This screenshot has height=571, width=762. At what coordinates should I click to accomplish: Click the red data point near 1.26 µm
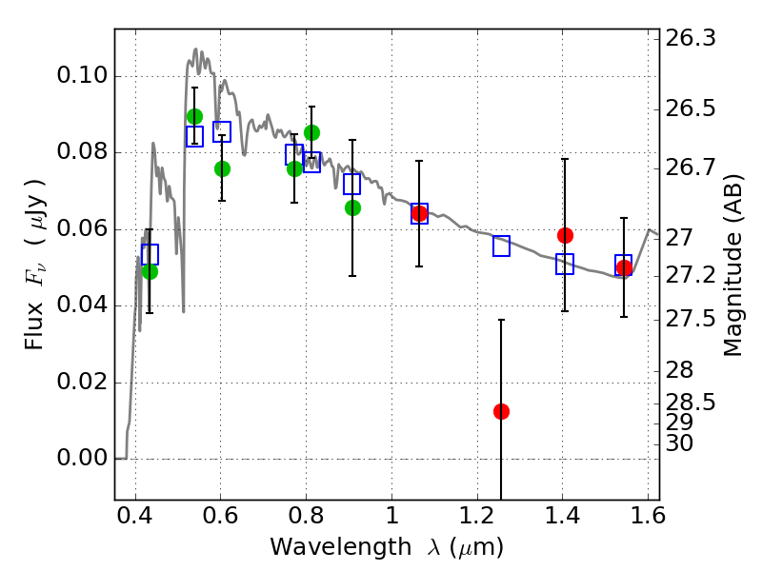point(501,411)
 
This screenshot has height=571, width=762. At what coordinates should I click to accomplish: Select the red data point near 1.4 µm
point(565,235)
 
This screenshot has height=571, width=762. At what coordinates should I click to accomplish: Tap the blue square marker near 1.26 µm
point(501,246)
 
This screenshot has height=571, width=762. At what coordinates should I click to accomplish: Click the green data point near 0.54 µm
point(194,116)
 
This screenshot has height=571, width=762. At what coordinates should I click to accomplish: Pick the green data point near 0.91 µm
point(352,207)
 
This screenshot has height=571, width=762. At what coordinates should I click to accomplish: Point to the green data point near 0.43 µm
point(150,271)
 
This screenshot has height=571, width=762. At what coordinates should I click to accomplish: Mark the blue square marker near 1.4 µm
point(565,265)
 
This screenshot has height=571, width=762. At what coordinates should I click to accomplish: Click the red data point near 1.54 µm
point(624,267)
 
